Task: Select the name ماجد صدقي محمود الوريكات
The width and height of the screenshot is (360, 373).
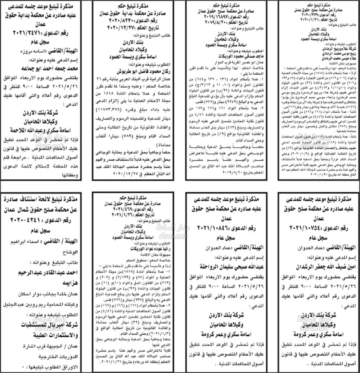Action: pos(221,57)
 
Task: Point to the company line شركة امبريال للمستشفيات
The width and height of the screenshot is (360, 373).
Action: pos(45,323)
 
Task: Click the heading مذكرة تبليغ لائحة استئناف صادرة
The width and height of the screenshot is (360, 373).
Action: pos(45,199)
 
